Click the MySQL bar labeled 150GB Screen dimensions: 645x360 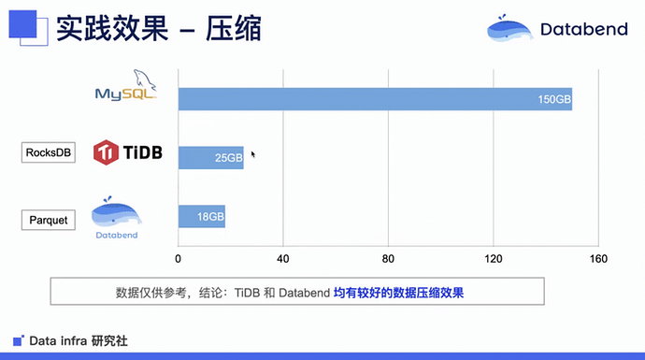tap(375, 99)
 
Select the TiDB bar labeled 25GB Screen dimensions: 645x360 tap(211, 158)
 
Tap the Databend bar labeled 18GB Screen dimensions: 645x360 tap(202, 216)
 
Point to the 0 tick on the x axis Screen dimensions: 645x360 tap(178, 259)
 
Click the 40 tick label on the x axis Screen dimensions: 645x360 tap(282, 259)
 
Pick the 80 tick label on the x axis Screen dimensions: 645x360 tap(388, 259)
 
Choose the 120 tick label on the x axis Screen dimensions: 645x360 tap(494, 259)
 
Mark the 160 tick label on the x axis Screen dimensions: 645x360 tap(598, 259)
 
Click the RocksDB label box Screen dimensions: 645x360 tap(49, 152)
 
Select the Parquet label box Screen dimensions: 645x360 tap(49, 220)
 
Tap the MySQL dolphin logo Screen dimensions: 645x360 tap(126, 85)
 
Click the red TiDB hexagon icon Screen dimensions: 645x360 tap(106, 152)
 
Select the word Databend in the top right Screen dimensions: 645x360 tap(584, 29)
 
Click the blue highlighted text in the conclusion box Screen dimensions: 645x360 tap(398, 293)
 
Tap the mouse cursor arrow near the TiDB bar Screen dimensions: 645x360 tap(253, 154)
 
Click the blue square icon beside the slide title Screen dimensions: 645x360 tap(23, 24)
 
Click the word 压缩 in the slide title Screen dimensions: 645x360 tap(234, 29)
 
